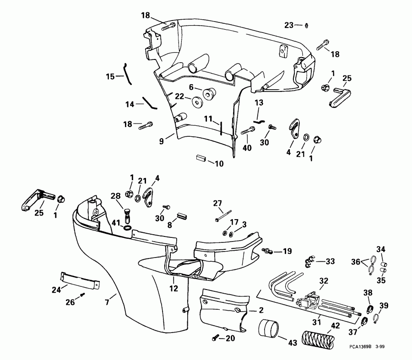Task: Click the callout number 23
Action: tap(288, 25)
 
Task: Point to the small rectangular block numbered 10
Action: tap(201, 159)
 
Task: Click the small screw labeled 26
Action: tap(83, 295)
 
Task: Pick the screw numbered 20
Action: tap(215, 338)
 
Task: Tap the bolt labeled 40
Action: tap(245, 131)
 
